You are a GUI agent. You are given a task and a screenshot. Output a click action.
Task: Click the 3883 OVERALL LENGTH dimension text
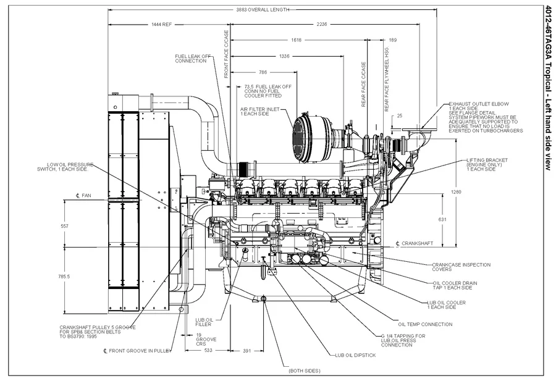coord(263,10)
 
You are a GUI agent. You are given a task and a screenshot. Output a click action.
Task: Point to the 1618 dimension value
coord(296,40)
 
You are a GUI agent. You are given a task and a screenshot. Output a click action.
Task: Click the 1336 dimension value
coord(284,56)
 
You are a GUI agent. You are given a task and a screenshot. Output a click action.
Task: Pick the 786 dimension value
coord(263,72)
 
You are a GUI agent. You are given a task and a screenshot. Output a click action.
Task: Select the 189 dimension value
coord(393,40)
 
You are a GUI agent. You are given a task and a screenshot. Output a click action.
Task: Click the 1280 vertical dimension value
coord(457,192)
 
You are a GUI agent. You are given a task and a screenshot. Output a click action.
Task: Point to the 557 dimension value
coord(64,226)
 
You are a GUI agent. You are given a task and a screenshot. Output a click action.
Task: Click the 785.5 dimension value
coord(64,277)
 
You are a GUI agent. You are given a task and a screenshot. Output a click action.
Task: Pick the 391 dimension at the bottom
coord(246,350)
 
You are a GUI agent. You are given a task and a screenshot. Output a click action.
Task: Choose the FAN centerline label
coord(82,196)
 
